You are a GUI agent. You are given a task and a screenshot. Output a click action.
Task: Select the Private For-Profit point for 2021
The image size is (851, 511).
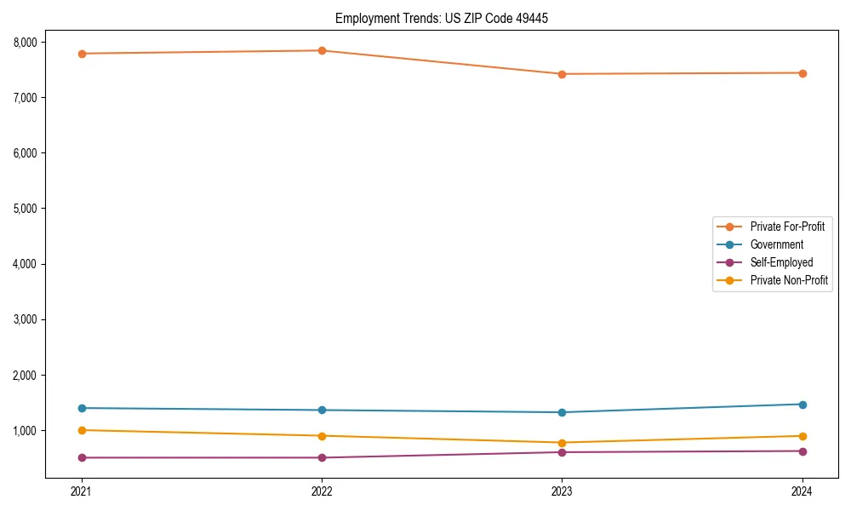coord(82,54)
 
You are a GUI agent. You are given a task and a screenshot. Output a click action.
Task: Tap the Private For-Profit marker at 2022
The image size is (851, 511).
coord(322,50)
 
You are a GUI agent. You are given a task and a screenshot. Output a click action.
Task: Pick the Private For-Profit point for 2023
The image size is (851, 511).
coord(562,74)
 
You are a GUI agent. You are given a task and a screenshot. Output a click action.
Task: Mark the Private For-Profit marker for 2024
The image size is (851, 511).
coord(802,73)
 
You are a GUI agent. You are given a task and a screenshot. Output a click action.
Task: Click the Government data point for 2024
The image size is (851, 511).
coord(802,405)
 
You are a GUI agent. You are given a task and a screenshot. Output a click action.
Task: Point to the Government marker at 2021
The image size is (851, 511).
coord(82,408)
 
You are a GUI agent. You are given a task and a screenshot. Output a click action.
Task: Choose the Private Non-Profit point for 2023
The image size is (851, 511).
coord(562,443)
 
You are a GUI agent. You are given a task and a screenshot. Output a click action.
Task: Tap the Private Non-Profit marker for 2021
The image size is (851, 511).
coord(82,430)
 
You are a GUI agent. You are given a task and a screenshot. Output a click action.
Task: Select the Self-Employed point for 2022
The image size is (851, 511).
coord(322,457)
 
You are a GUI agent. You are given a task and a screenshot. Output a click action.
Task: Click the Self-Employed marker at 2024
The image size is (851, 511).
coord(802,451)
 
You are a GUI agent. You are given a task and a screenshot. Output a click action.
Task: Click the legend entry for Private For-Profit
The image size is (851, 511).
coord(786,227)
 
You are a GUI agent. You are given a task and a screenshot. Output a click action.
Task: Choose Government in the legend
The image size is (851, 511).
coord(776,244)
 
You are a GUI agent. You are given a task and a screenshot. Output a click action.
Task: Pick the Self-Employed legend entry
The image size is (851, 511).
coord(781,262)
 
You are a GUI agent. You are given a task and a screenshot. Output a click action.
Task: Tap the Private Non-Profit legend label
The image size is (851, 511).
coord(789,280)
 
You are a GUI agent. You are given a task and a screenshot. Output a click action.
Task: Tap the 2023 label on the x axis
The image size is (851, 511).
coord(562,491)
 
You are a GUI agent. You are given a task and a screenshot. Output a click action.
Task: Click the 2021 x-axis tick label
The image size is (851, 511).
coord(82,491)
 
